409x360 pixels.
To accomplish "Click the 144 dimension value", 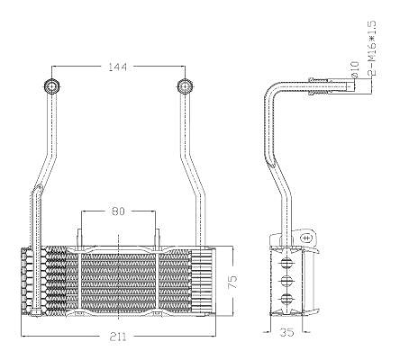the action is click(118, 67).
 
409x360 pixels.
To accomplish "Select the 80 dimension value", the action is click(118, 211).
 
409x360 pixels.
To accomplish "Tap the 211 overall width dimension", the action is click(118, 337).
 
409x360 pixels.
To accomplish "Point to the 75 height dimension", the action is click(233, 281).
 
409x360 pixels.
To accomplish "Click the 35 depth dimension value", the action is click(286, 332).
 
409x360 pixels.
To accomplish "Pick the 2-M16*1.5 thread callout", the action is click(371, 48).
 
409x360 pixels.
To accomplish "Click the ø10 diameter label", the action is click(354, 69).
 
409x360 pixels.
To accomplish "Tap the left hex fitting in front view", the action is click(52, 86).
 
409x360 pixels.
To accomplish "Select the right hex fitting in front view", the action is click(184, 86).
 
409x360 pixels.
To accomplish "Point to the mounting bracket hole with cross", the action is click(306, 238).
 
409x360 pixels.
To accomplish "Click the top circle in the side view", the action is click(286, 263).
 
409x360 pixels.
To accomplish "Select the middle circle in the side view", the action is click(286, 281).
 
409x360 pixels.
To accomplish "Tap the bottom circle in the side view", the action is click(286, 299).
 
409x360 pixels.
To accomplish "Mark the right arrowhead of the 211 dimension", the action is click(213, 337).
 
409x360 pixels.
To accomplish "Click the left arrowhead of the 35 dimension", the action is click(267, 332).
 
